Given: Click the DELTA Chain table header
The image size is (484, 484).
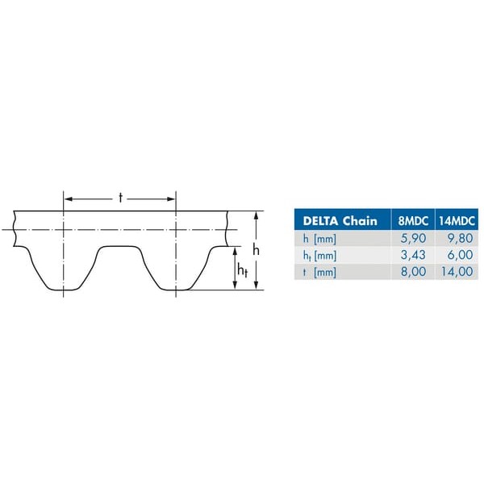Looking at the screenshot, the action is tap(340, 221).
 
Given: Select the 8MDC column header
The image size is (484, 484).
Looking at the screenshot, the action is tap(413, 221).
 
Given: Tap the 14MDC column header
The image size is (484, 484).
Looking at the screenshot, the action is tap(457, 221).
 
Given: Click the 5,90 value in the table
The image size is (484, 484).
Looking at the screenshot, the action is tap(413, 238).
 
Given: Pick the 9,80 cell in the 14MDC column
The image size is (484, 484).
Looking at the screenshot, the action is tap(460, 238).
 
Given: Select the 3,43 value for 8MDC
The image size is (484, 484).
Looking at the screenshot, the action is tap(413, 255).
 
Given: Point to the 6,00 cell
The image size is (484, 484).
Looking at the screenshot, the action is tap(460, 255).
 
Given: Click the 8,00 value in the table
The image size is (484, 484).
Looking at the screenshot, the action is tap(413, 272).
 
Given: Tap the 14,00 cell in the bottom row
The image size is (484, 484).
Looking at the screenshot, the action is tap(457, 272).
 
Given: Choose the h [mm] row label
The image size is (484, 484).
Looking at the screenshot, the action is tap(319, 239).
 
